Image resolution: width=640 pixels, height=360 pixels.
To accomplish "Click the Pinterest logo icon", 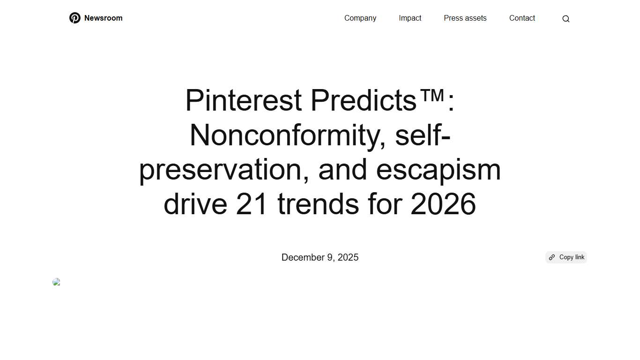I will (x=75, y=18).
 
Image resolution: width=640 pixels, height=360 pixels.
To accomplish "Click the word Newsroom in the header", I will (x=103, y=18).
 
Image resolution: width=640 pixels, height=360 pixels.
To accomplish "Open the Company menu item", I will (x=360, y=18).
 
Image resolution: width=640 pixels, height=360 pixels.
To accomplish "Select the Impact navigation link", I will (x=410, y=18).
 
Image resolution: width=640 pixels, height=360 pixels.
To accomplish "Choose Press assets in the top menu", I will (x=465, y=18).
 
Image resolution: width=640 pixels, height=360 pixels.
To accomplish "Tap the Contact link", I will (x=522, y=18).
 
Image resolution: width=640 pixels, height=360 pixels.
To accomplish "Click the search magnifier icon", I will (x=566, y=19).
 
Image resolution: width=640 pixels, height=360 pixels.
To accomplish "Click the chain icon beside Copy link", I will (x=552, y=257).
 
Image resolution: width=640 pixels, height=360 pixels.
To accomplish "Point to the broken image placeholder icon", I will (x=57, y=282).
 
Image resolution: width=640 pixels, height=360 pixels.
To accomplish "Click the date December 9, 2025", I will (x=320, y=257).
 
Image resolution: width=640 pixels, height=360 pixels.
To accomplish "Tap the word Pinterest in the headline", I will (x=243, y=100).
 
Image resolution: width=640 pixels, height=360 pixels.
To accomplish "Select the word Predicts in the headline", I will (x=363, y=100).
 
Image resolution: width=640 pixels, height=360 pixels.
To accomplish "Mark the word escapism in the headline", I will (x=438, y=170).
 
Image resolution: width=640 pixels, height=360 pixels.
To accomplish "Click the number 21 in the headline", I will (x=252, y=204).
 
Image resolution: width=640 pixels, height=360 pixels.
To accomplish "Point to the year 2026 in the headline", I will (x=443, y=204).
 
